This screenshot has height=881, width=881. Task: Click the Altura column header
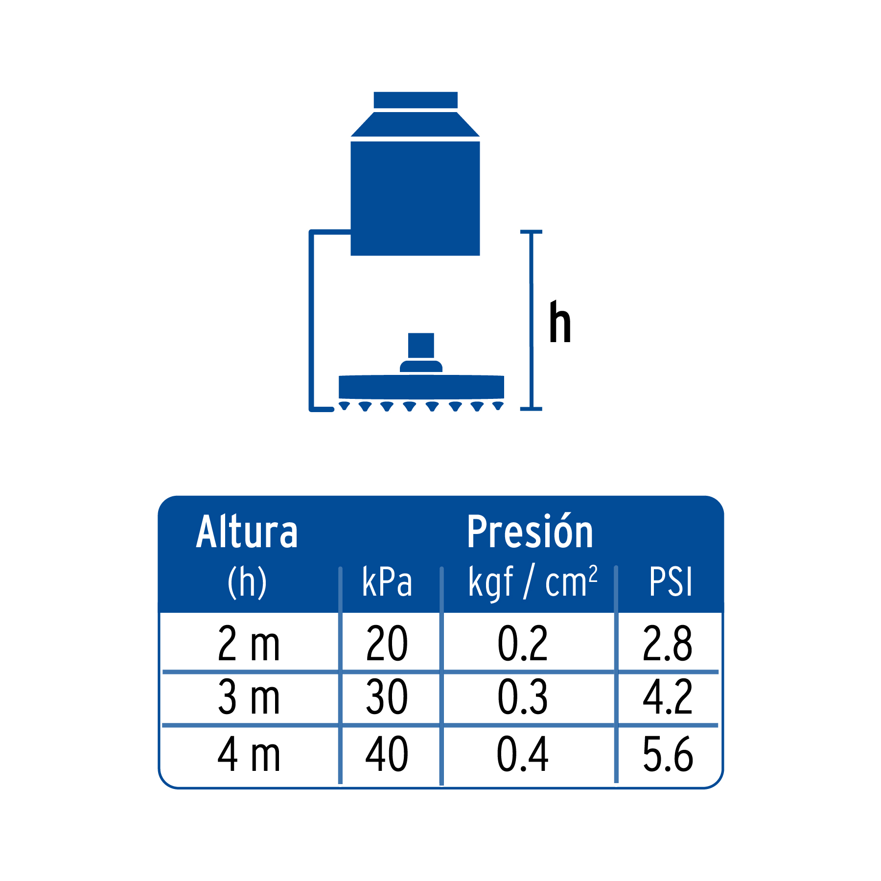(247, 532)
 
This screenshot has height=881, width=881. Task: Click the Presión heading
(530, 532)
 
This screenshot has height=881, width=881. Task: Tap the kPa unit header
(387, 582)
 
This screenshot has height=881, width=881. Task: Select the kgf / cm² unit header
(533, 582)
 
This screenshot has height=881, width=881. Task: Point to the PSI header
(671, 582)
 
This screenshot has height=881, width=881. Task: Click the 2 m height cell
(249, 644)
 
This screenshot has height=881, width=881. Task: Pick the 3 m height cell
(249, 697)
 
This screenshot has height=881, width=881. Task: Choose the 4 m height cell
(249, 754)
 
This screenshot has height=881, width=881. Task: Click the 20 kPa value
(387, 644)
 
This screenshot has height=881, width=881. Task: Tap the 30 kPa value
(387, 697)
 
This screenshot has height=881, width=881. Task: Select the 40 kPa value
(387, 754)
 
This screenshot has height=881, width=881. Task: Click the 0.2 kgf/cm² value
(523, 644)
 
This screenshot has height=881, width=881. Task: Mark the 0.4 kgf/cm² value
(523, 754)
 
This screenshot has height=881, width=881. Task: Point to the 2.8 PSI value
(668, 644)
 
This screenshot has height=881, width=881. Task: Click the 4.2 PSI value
(668, 697)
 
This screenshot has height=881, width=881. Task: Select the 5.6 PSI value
(668, 754)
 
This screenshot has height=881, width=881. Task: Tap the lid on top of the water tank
(416, 100)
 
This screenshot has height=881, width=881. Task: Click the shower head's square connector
(421, 346)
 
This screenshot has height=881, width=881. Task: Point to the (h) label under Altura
(247, 582)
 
